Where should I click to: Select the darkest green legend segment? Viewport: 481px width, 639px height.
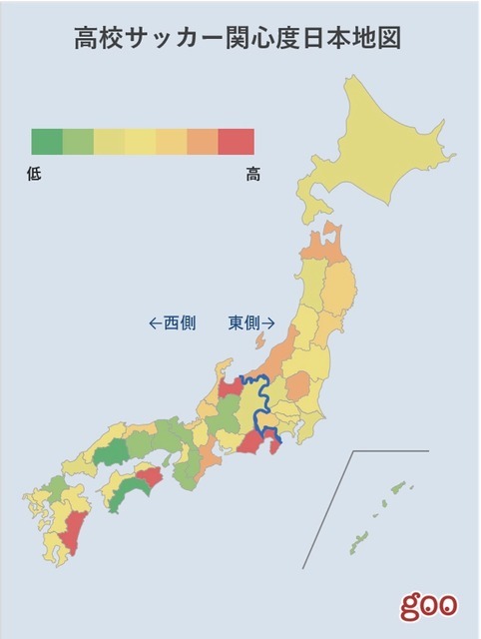pyautogui.click(x=47, y=142)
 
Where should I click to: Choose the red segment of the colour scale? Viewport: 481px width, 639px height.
pyautogui.click(x=237, y=142)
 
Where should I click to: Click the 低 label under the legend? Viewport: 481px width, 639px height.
pyautogui.click(x=36, y=174)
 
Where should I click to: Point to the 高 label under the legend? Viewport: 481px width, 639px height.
pyautogui.click(x=252, y=174)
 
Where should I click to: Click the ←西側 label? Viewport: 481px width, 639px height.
pyautogui.click(x=172, y=322)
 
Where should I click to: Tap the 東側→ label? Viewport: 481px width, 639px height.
pyautogui.click(x=251, y=322)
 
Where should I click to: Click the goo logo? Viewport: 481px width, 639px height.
pyautogui.click(x=429, y=604)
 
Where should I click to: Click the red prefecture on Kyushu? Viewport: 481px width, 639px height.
pyautogui.click(x=72, y=529)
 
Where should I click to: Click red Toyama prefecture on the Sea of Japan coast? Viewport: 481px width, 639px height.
pyautogui.click(x=229, y=385)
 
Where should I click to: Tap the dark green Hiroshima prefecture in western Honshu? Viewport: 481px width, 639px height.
pyautogui.click(x=112, y=450)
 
